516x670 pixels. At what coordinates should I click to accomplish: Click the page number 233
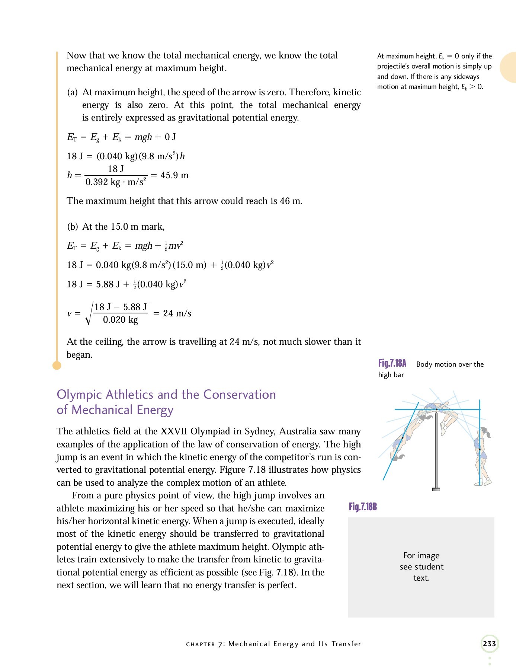click(x=489, y=644)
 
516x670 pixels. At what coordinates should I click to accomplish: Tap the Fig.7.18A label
click(x=392, y=363)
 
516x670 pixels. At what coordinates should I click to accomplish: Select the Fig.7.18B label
click(x=363, y=507)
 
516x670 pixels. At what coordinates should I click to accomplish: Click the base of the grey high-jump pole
click(x=436, y=489)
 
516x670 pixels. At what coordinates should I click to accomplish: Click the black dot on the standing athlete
click(x=480, y=449)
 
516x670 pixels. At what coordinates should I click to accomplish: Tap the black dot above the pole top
click(x=437, y=409)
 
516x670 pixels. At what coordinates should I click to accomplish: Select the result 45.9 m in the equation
click(x=174, y=175)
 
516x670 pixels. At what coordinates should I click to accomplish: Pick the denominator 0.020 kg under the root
click(x=121, y=320)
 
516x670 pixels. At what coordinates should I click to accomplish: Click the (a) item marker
click(x=72, y=92)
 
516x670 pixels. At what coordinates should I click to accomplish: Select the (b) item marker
click(x=72, y=227)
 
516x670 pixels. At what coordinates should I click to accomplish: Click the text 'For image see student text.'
click(x=421, y=567)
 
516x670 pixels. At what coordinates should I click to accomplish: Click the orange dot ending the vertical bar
click(x=57, y=366)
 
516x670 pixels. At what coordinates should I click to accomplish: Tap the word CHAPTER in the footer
click(x=201, y=644)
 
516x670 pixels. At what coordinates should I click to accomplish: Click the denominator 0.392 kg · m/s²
click(x=116, y=182)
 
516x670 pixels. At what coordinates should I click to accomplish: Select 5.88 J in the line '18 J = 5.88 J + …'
click(x=108, y=285)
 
